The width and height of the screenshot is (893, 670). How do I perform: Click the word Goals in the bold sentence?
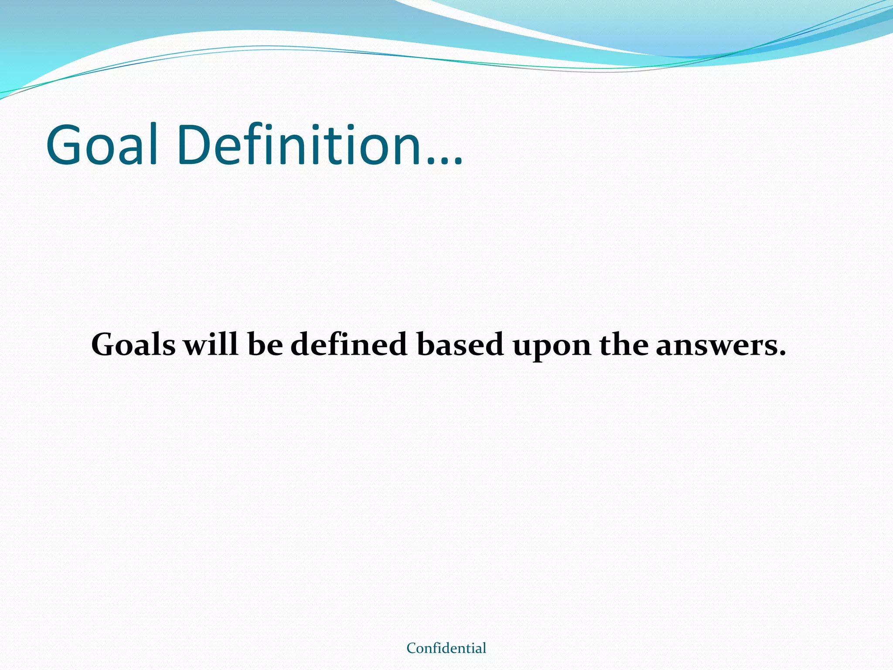pyautogui.click(x=133, y=345)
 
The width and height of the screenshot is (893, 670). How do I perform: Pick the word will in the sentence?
pyautogui.click(x=211, y=345)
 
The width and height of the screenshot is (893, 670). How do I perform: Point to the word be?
pyautogui.click(x=265, y=345)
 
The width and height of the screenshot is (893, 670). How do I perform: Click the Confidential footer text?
pyautogui.click(x=446, y=648)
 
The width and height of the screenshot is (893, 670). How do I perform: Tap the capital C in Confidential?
pyautogui.click(x=411, y=648)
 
